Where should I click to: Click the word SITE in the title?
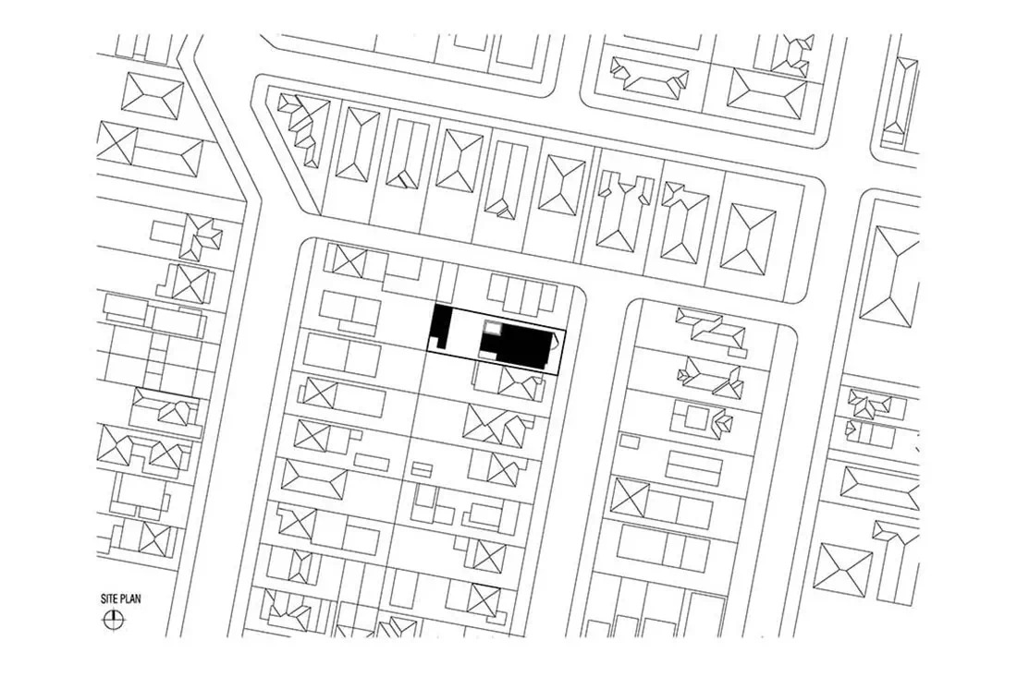(x=110, y=599)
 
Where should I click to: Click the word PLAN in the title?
(x=130, y=599)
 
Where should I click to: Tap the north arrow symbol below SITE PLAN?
(x=114, y=620)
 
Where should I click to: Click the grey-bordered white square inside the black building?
(x=494, y=329)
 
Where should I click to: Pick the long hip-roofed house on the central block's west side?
(x=314, y=480)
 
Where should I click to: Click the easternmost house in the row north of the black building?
(x=748, y=237)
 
